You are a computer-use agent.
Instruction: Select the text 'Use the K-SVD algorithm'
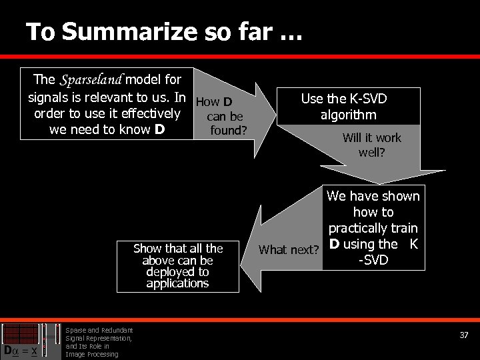pos(344,107)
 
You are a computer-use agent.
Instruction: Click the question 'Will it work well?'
pos(371,145)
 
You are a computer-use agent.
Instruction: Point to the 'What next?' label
pos(289,250)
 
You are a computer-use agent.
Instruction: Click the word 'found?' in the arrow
pos(228,130)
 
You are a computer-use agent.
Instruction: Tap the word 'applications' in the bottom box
pos(177,283)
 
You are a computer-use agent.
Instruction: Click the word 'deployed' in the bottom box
pos(177,272)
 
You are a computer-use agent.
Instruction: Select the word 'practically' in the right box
pos(363,228)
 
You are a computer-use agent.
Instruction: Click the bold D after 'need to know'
pos(159,129)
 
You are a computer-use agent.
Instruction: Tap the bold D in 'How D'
pos(227,102)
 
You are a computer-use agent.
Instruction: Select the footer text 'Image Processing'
pos(92,354)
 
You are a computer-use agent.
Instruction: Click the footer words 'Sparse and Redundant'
pos(99,330)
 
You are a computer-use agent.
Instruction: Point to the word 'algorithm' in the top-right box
pos(347,115)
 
